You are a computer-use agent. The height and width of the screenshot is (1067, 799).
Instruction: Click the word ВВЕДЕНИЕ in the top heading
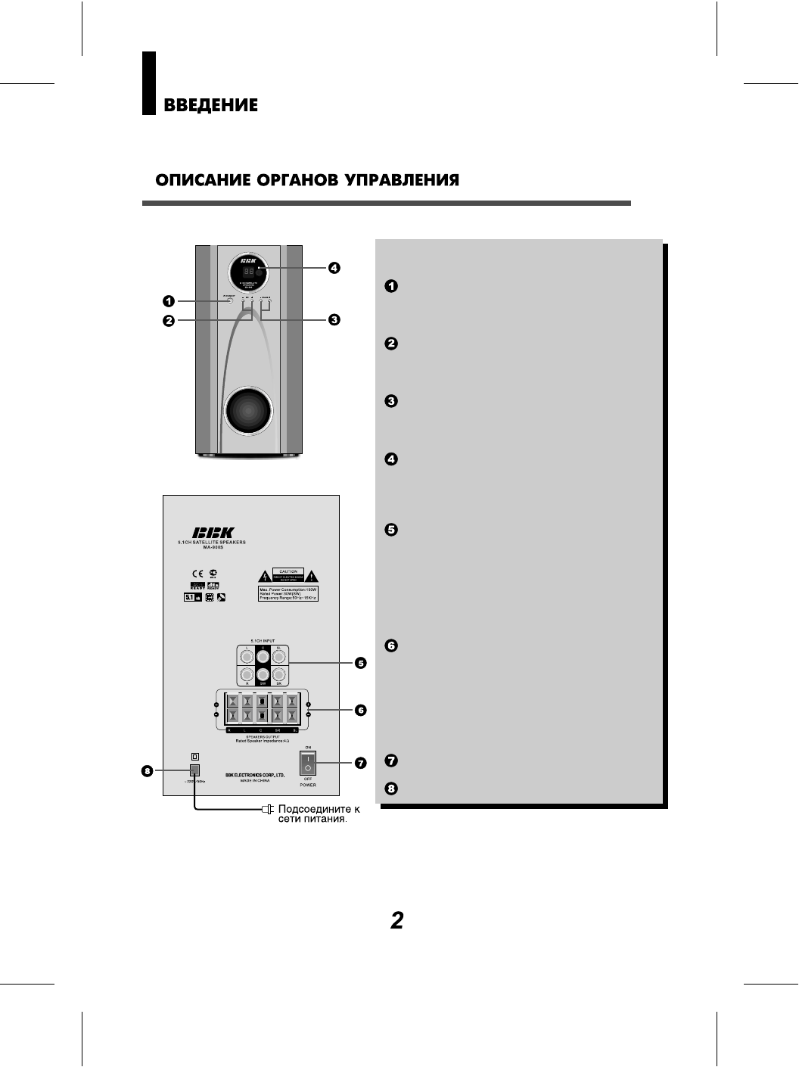click(210, 105)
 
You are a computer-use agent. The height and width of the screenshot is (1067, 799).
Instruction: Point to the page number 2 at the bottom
click(397, 920)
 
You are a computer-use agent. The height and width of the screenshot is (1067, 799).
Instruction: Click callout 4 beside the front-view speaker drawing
click(334, 267)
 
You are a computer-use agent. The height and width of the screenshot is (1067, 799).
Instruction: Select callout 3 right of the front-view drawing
click(334, 319)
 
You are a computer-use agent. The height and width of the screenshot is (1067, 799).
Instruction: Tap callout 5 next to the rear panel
click(361, 663)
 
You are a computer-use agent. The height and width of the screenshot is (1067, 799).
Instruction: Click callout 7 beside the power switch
click(361, 763)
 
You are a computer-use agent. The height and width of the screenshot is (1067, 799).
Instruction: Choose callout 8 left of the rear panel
click(148, 771)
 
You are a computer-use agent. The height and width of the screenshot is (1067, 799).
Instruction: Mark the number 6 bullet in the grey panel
click(391, 645)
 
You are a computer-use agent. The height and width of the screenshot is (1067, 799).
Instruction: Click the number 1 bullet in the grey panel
click(391, 286)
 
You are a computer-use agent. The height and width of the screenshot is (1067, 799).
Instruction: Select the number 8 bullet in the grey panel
click(391, 789)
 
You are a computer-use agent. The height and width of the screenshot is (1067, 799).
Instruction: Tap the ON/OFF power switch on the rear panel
click(308, 763)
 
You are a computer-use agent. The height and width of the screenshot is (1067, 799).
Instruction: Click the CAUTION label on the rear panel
click(288, 571)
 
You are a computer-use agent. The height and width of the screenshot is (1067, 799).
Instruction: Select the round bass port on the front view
click(249, 414)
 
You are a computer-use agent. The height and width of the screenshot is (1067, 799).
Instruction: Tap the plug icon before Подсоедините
click(266, 810)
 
